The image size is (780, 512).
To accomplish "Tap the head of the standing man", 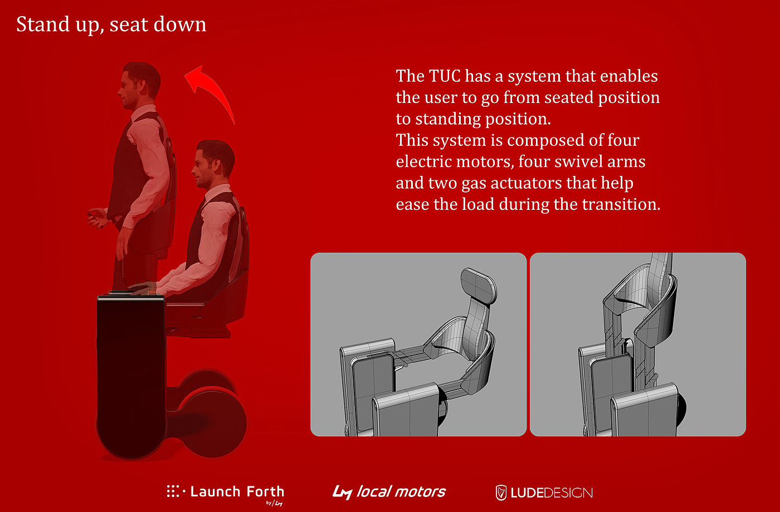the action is coord(139,85).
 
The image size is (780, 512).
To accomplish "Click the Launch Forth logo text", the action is coord(237,491).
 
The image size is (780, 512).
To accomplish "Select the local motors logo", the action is coord(389,492).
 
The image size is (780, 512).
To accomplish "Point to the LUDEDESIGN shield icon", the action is coord(501,493).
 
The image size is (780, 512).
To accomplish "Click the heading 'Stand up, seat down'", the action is coord(111,24).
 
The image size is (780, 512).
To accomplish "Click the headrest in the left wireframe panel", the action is coord(479,285).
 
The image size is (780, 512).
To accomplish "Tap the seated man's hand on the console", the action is coord(142,287).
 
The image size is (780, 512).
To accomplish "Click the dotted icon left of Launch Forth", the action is coord(175,491).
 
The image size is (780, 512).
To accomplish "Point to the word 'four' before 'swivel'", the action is coord(535,162).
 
